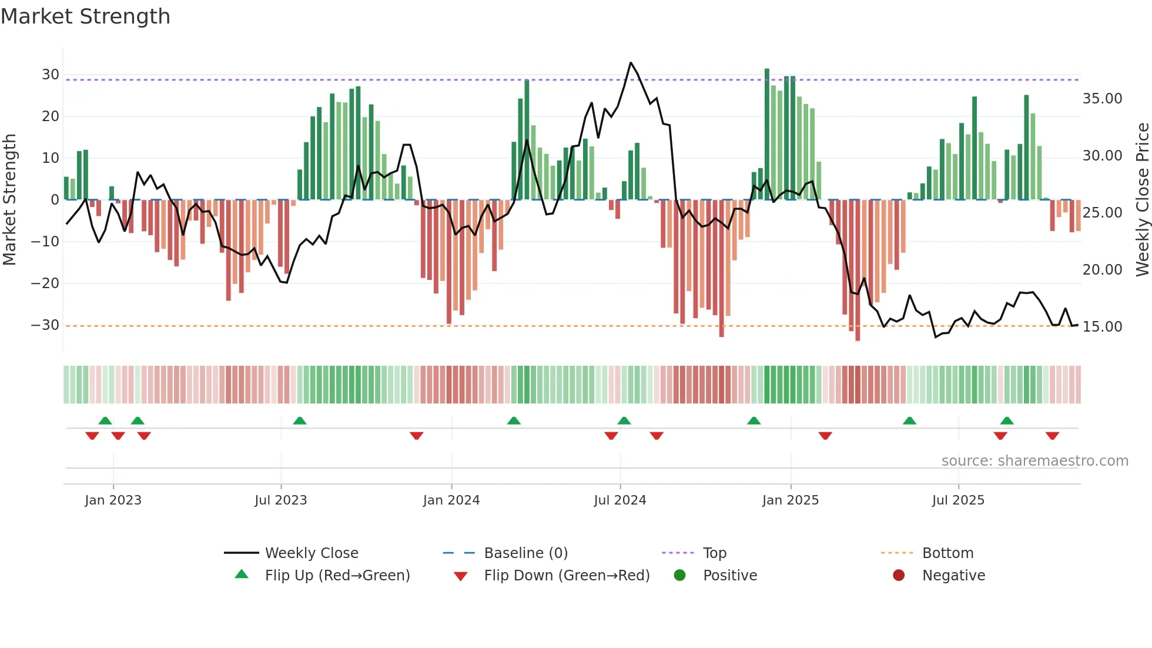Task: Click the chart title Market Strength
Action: (86, 16)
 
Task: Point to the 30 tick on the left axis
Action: (51, 75)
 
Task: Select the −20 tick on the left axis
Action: (46, 283)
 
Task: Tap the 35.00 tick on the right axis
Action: (1102, 99)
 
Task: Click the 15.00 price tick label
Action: (1102, 327)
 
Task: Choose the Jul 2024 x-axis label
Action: (619, 500)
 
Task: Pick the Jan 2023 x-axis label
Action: (113, 500)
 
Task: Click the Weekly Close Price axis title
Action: (1142, 199)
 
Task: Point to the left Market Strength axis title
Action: (9, 199)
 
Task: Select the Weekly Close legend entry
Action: (311, 553)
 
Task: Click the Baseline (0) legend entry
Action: (525, 553)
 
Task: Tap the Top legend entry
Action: (714, 553)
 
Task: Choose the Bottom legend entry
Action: (947, 553)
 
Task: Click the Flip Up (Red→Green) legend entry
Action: (337, 576)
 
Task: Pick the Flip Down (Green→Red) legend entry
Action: (567, 576)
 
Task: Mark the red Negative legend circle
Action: (899, 576)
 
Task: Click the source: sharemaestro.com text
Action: (1034, 461)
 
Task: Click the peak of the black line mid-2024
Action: (631, 62)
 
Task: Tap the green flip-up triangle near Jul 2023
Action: (300, 421)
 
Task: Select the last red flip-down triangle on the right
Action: (1052, 436)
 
